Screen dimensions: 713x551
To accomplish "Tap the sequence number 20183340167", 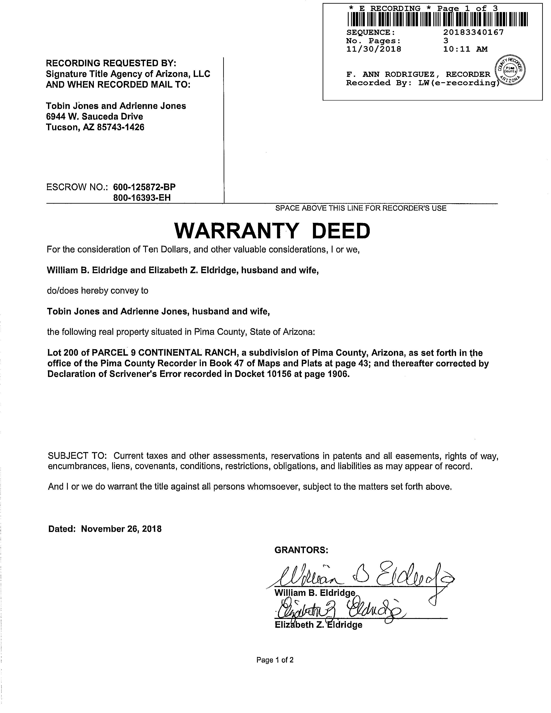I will (473, 32).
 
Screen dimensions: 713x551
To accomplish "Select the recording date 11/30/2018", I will (373, 49).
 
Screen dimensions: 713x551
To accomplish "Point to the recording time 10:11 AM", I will (465, 49).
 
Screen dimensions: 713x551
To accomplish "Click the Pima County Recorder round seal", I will (510, 70).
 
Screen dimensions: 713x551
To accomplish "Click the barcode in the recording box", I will (437, 19).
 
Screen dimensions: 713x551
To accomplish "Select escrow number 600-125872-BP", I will (144, 187).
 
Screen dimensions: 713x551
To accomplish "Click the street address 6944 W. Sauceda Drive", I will (94, 116).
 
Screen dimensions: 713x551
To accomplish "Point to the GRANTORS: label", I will (301, 550).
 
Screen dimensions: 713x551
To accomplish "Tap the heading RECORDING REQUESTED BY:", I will (111, 63).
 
